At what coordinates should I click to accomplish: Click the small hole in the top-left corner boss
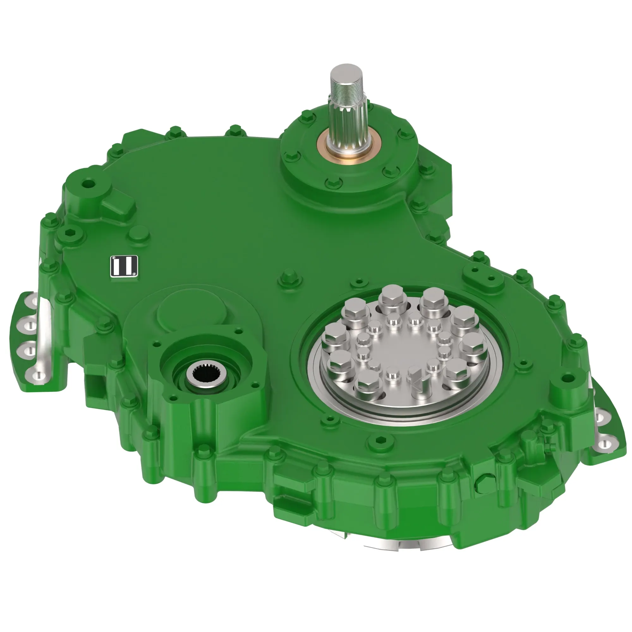pos(87,184)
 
